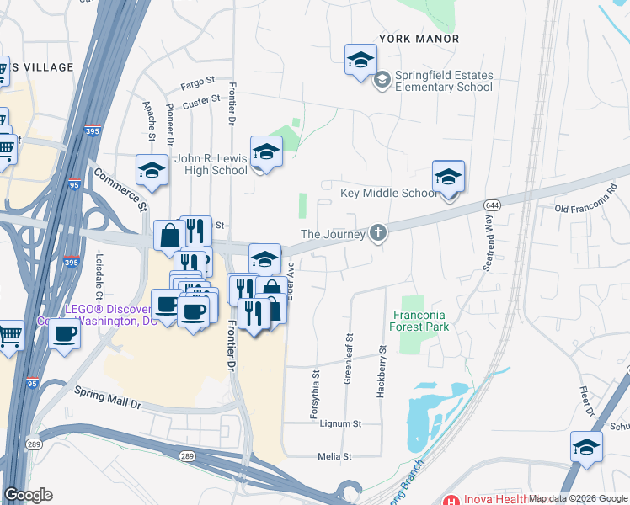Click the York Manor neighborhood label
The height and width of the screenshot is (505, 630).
pyautogui.click(x=419, y=39)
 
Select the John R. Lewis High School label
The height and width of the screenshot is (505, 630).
pyautogui.click(x=211, y=164)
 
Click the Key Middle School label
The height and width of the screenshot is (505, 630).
pyautogui.click(x=388, y=193)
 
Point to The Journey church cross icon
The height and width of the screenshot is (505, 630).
pyautogui.click(x=378, y=233)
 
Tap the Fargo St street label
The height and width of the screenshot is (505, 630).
pyautogui.click(x=199, y=85)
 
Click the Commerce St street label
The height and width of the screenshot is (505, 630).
pyautogui.click(x=120, y=191)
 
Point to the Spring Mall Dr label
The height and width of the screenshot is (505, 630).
pyautogui.click(x=109, y=397)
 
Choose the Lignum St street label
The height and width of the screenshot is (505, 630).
pyautogui.click(x=340, y=424)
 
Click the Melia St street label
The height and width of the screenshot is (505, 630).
pyautogui.click(x=334, y=457)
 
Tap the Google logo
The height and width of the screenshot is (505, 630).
pyautogui.click(x=28, y=495)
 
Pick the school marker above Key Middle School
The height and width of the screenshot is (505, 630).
pyautogui.click(x=448, y=178)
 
